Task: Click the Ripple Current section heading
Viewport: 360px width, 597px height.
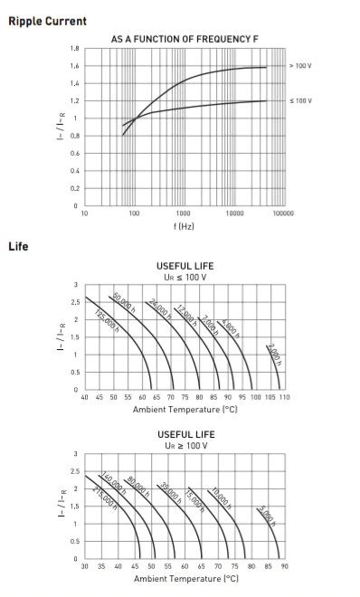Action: pos(48,21)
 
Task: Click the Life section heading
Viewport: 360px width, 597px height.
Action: pos(18,246)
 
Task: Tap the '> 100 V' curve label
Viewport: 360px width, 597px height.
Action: pos(300,66)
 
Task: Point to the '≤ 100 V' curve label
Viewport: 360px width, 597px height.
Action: pos(300,100)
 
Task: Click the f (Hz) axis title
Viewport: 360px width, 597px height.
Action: pos(185,225)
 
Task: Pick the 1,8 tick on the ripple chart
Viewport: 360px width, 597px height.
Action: pos(75,48)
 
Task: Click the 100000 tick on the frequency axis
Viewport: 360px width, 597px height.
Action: pos(283,213)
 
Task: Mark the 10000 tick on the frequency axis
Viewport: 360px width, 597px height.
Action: pos(234,213)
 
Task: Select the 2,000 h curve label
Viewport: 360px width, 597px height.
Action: pos(275,354)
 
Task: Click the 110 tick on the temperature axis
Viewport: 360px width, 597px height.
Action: pos(283,398)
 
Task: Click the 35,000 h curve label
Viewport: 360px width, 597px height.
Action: pos(168,493)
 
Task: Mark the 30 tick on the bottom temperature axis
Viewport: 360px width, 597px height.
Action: pos(85,567)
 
